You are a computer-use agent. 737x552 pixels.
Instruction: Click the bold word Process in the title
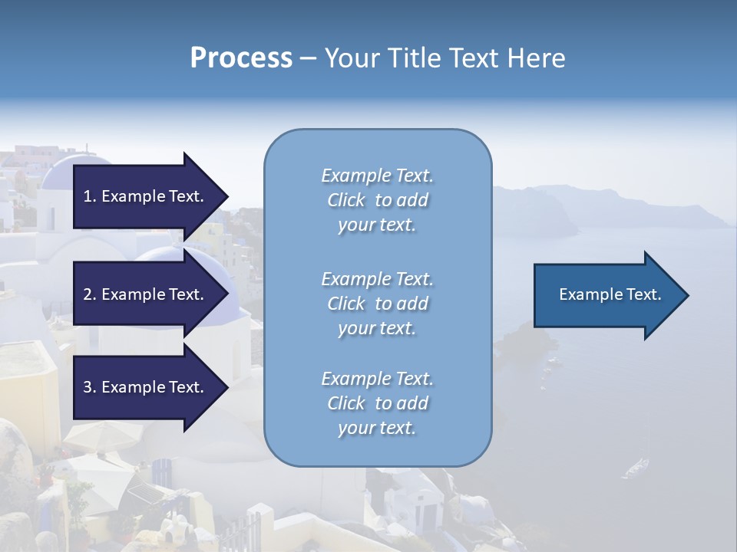(241, 58)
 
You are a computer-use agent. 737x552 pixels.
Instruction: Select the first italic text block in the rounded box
(377, 200)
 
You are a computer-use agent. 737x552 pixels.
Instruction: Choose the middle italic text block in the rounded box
(377, 304)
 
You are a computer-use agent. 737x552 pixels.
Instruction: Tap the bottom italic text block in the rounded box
(377, 403)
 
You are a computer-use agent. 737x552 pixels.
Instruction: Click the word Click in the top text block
(346, 200)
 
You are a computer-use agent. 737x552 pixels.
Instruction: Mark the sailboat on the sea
(637, 465)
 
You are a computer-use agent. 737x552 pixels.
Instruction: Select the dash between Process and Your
(309, 58)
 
